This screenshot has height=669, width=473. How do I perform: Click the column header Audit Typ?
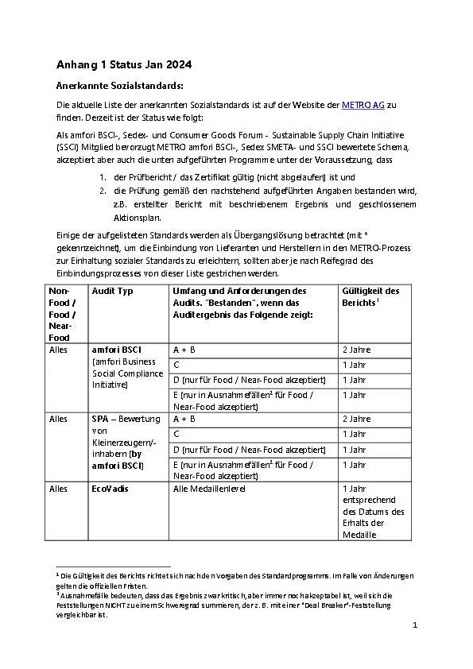113,291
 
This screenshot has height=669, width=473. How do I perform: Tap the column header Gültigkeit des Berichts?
370,296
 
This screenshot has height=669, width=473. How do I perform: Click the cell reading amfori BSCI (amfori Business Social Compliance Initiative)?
128,367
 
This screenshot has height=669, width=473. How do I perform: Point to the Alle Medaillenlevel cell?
209,489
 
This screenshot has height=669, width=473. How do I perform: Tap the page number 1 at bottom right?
415,626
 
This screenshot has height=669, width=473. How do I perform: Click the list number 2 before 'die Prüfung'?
103,191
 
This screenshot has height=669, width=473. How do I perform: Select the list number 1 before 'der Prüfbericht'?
103,176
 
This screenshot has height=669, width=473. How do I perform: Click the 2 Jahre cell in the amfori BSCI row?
356,350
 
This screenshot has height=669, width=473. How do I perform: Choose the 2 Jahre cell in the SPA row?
356,419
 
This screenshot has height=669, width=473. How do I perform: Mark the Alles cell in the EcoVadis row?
59,489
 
